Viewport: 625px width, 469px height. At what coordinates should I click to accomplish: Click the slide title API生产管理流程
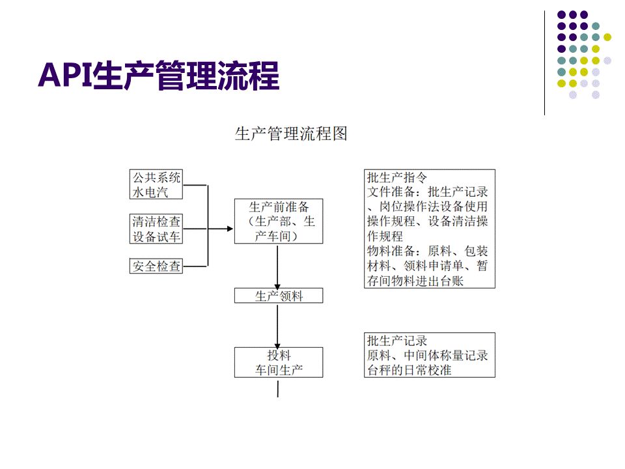tap(159, 75)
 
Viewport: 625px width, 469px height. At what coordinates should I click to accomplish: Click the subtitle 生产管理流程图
tap(291, 134)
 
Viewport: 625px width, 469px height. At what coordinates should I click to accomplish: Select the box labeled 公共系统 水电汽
tap(156, 184)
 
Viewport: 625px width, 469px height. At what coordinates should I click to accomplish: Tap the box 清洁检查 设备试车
tap(156, 229)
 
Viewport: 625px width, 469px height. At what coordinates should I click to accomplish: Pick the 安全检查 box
tap(156, 266)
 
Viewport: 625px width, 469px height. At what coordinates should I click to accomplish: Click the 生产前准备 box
tap(279, 221)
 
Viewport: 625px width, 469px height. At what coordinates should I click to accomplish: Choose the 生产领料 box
tap(279, 296)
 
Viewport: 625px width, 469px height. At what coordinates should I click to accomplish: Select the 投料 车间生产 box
tap(279, 363)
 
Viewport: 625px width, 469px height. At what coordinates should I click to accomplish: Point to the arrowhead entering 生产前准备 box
tap(230, 229)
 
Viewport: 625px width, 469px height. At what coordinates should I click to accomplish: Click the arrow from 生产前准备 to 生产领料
tap(277, 267)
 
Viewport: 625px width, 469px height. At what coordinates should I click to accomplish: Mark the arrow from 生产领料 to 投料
tap(277, 326)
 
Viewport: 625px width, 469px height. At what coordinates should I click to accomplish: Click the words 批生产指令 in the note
tap(397, 177)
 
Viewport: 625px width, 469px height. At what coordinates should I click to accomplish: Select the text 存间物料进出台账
tap(415, 281)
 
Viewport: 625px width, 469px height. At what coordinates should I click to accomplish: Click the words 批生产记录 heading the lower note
tap(397, 341)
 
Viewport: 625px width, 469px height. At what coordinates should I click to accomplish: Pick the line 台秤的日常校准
tap(410, 370)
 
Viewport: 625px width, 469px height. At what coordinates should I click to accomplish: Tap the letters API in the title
tap(65, 75)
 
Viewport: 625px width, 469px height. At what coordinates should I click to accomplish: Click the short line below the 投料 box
tap(278, 389)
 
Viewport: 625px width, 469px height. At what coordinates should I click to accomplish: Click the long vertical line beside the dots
tap(544, 63)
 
